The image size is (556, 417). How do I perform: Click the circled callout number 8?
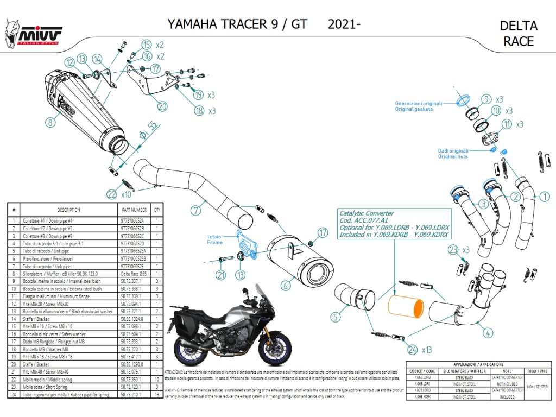point(50,123)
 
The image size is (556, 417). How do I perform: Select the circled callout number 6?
point(286,284)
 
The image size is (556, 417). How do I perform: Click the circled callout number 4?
point(488,332)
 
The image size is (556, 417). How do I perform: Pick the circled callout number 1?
point(544,197)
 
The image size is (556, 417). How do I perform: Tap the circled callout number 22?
point(112,193)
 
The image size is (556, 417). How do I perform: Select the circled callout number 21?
point(221,275)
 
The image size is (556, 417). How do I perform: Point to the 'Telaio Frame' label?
point(214,239)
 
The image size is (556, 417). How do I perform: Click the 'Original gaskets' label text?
point(414,109)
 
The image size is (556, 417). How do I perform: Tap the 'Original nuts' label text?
point(453,156)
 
